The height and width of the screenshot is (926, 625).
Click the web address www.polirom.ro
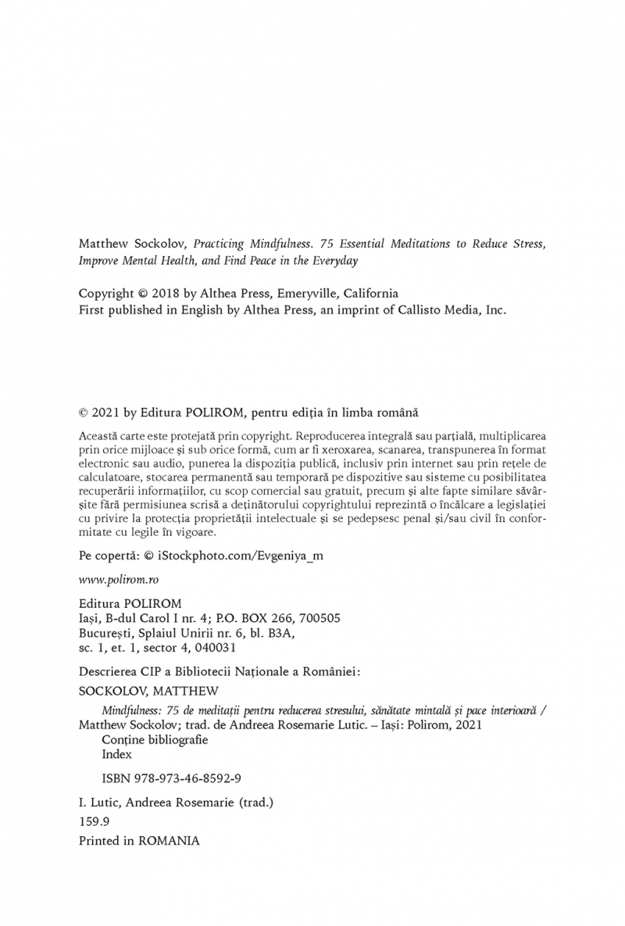(114, 581)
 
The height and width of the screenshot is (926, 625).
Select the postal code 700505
(317, 617)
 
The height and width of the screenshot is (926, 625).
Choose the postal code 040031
(216, 647)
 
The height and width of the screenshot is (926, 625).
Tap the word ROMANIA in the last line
(170, 841)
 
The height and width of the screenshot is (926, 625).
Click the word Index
(116, 754)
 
